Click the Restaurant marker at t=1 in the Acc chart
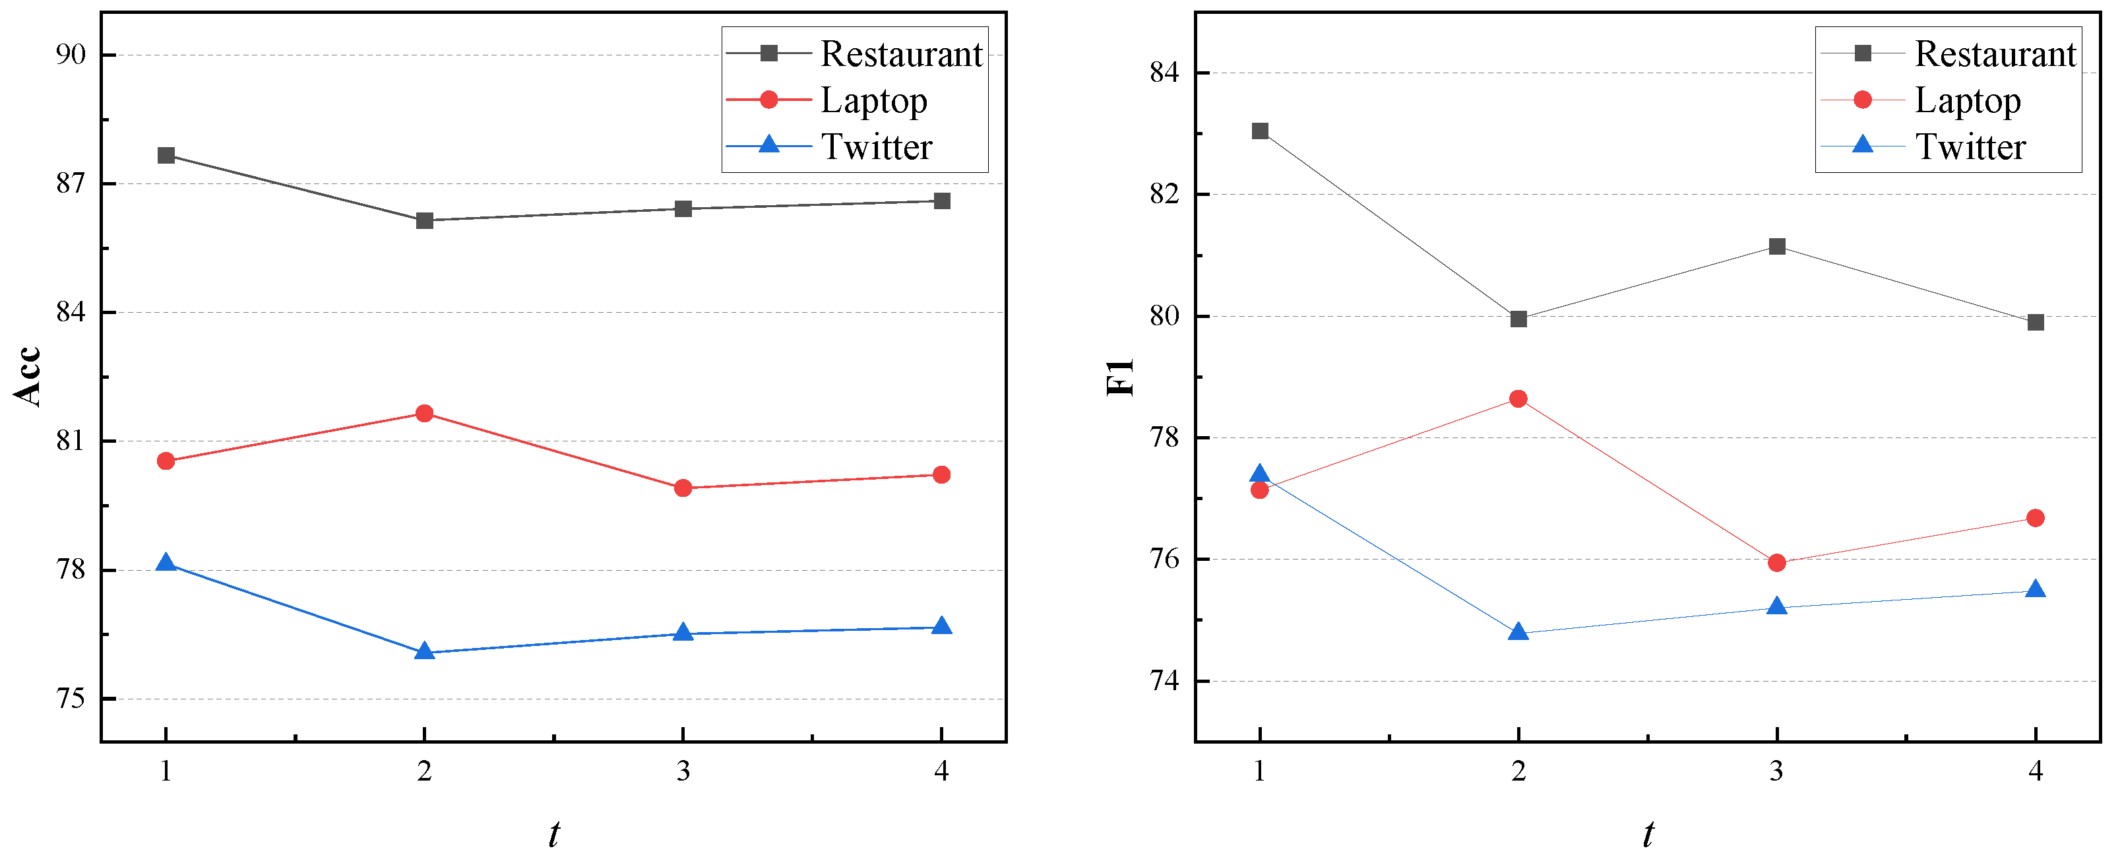(166, 155)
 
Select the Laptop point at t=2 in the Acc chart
(424, 413)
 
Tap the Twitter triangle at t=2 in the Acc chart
(424, 651)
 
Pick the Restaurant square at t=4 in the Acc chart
(941, 201)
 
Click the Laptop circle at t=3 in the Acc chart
(683, 488)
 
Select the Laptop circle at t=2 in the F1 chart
(1518, 399)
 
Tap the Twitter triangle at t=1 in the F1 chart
(1259, 473)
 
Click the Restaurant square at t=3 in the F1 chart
(1777, 246)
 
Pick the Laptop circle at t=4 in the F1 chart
(2035, 517)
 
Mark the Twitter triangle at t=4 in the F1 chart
(2035, 589)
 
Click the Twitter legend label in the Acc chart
(877, 146)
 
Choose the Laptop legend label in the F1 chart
(1968, 100)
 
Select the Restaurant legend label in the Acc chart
(902, 53)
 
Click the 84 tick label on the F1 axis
(1164, 73)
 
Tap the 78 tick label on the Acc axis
(71, 569)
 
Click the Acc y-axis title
(28, 376)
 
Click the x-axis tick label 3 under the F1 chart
(1777, 771)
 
